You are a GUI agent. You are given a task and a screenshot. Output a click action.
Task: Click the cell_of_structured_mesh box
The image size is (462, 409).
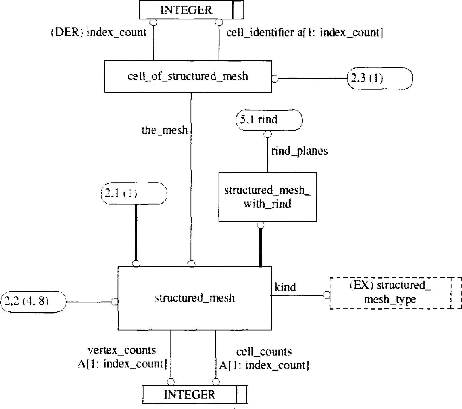pyautogui.click(x=188, y=76)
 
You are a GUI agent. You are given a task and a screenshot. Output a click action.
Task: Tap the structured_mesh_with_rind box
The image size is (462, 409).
pyautogui.click(x=268, y=197)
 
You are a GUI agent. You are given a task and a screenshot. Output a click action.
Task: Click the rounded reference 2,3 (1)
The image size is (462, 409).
pyautogui.click(x=380, y=78)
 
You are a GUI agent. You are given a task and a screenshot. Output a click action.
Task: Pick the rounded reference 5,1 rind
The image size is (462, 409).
pyautogui.click(x=269, y=120)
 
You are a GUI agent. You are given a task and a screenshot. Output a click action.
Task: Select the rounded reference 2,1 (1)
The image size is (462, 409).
pyautogui.click(x=134, y=194)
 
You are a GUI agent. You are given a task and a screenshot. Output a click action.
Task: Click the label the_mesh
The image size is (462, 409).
pyautogui.click(x=164, y=130)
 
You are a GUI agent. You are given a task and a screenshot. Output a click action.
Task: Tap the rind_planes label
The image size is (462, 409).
pyautogui.click(x=299, y=151)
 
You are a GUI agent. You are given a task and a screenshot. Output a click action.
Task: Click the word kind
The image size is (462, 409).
pyautogui.click(x=285, y=287)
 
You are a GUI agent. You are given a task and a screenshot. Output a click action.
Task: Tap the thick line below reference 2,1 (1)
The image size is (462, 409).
pyautogui.click(x=136, y=233)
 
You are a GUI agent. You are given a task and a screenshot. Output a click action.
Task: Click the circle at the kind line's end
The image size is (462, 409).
pyautogui.click(x=327, y=295)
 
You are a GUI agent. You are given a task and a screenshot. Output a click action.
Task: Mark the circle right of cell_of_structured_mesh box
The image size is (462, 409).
pyautogui.click(x=275, y=79)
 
